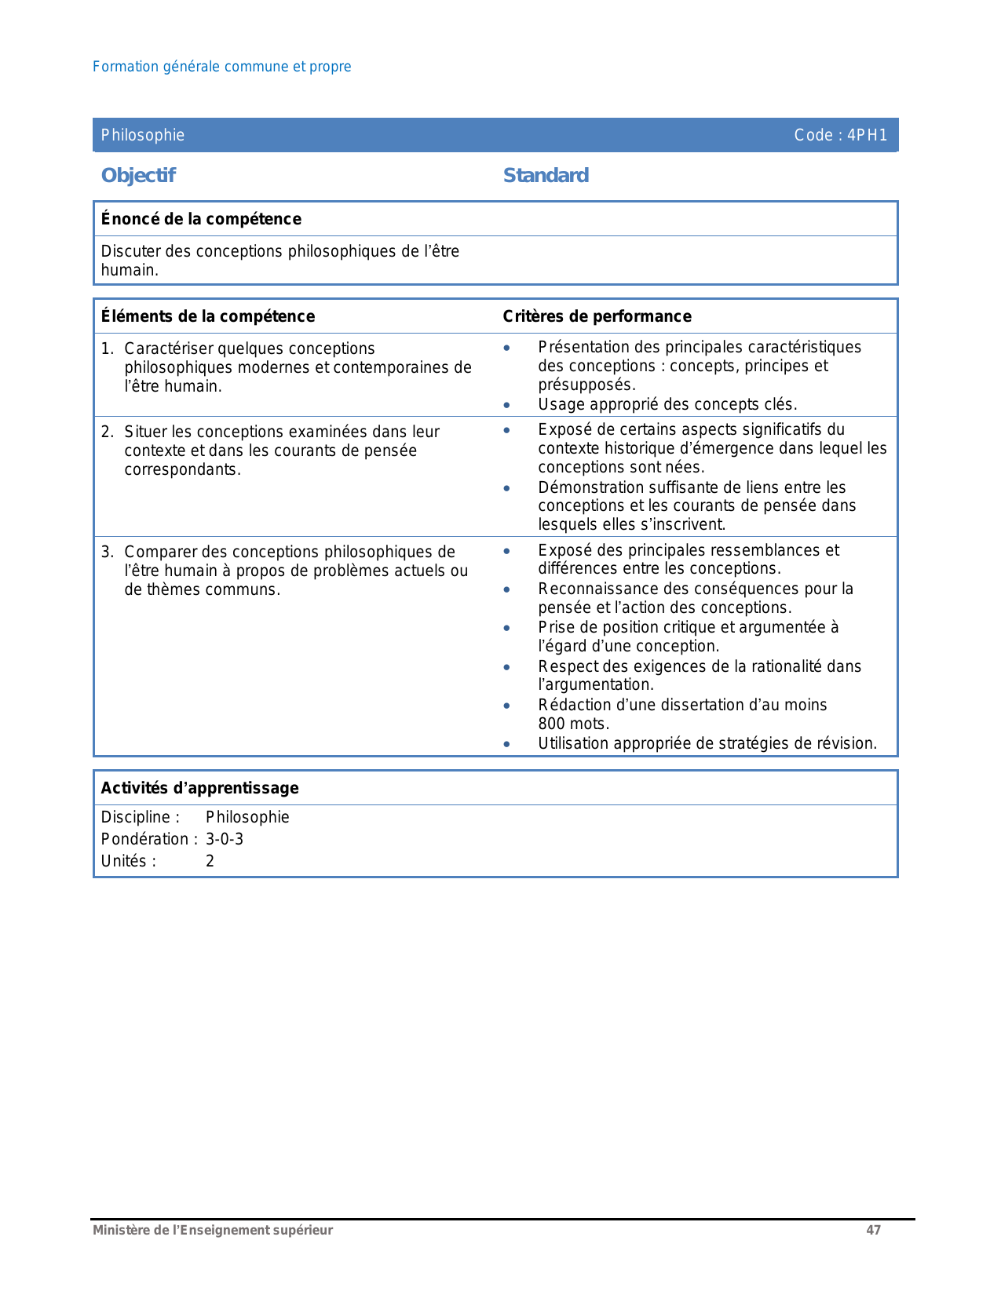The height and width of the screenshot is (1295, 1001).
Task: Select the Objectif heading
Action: point(138,175)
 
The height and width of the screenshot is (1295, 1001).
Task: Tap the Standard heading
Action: point(546,175)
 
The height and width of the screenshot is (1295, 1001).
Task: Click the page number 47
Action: point(873,1230)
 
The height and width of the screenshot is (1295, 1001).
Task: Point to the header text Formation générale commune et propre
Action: point(221,67)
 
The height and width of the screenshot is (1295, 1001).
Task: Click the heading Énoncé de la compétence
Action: point(201,219)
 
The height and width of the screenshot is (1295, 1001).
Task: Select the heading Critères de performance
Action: point(597,316)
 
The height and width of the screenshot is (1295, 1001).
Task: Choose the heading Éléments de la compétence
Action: point(208,316)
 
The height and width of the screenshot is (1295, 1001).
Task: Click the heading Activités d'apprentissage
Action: point(199,788)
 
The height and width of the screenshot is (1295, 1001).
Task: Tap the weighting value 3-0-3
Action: point(225,839)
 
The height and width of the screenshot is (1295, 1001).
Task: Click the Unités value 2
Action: point(210,861)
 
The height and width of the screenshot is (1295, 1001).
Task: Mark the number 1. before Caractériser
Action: point(108,348)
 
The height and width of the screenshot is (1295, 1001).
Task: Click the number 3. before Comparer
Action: point(108,552)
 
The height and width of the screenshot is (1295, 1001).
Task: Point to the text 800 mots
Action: point(573,724)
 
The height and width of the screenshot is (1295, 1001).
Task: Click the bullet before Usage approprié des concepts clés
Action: point(507,405)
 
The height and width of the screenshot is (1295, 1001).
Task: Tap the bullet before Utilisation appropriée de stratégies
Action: point(507,744)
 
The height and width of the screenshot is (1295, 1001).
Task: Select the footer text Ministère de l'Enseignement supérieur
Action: point(213,1230)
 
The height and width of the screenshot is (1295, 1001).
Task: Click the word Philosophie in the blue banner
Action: point(143,135)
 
